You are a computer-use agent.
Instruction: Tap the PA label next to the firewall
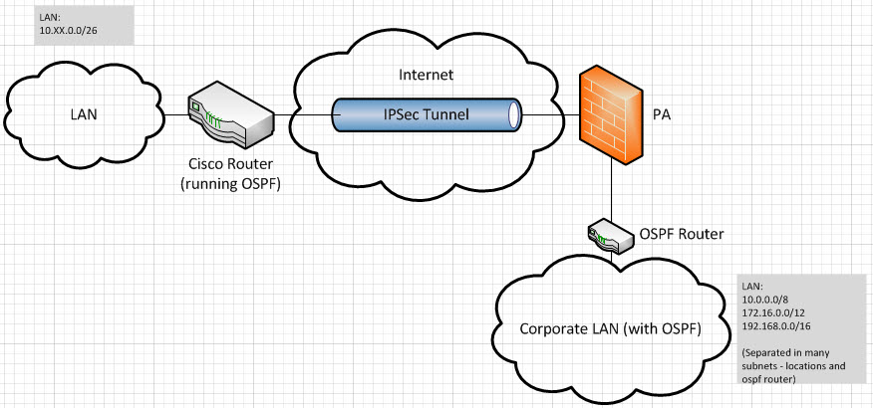pyautogui.click(x=662, y=114)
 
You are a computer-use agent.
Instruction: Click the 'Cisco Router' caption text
pyautogui.click(x=231, y=163)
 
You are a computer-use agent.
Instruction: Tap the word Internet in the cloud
pyautogui.click(x=427, y=74)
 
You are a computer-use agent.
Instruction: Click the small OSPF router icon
pyautogui.click(x=609, y=235)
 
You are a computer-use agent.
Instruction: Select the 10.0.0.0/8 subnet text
pyautogui.click(x=764, y=299)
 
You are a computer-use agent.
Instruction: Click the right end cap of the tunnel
pyautogui.click(x=514, y=115)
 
